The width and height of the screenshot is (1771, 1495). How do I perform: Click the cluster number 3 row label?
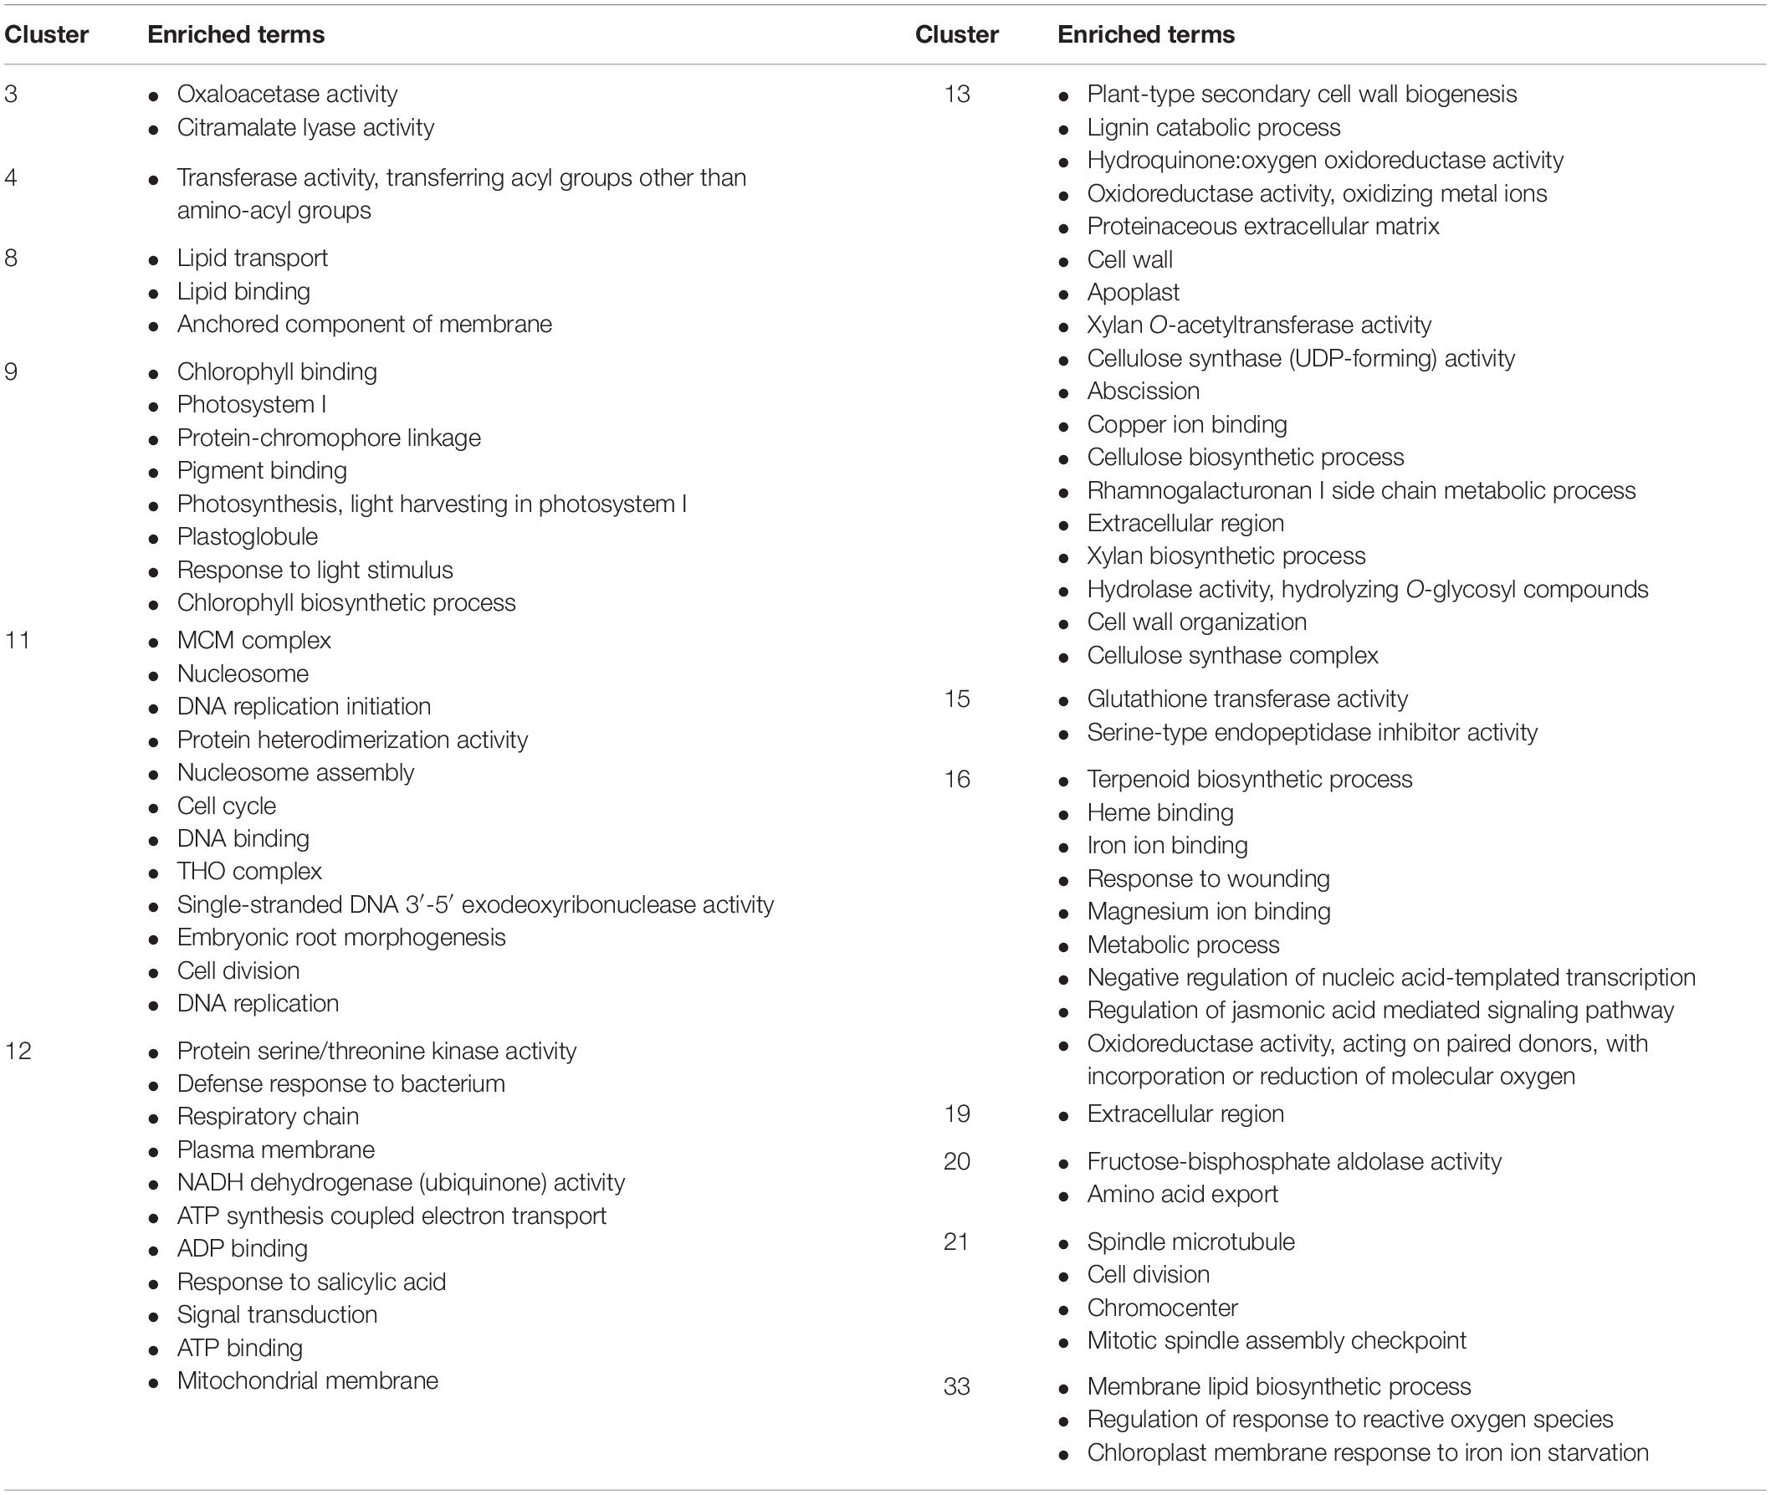[11, 94]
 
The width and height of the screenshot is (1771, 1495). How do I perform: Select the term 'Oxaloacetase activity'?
[286, 94]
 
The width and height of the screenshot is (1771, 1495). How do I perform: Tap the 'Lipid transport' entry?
[252, 258]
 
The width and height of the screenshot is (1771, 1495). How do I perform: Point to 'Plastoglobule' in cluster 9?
[247, 536]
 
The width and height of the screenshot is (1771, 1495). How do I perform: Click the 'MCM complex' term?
[253, 640]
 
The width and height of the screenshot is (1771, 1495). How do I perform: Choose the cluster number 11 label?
[17, 640]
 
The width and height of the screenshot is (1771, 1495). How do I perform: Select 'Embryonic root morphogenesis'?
[340, 937]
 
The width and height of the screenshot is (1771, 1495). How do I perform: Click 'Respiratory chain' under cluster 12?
[268, 1116]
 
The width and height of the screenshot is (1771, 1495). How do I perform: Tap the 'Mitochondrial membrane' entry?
[307, 1380]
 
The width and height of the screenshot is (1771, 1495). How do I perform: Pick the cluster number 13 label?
[957, 94]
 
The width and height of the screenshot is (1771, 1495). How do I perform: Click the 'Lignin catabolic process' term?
[1213, 127]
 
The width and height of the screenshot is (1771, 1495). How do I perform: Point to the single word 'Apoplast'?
[1133, 292]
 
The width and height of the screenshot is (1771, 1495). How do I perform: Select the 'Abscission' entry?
[1143, 391]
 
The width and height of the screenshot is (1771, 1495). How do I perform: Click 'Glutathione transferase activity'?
[1247, 699]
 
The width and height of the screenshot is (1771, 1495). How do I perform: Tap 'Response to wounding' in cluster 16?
[1208, 878]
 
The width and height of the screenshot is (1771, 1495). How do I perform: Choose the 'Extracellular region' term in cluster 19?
[1185, 1114]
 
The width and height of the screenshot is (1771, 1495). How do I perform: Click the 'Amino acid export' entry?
[1182, 1194]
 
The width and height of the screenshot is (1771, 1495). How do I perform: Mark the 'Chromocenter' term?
[1162, 1308]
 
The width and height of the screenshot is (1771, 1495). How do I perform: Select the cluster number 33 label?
[957, 1386]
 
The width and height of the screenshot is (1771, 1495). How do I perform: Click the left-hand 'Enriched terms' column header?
[236, 35]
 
